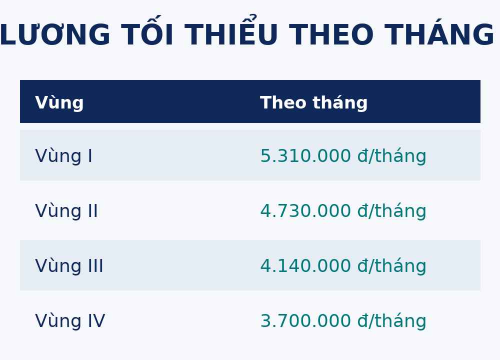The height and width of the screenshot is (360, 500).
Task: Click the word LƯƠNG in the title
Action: point(54,35)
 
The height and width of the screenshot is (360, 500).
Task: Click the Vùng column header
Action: point(59,102)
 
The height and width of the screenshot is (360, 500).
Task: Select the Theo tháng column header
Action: point(314,102)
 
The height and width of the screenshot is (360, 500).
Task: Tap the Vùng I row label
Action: point(63,156)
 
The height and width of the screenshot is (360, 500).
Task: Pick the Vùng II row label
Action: point(66,211)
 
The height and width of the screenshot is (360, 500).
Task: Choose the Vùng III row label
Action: point(69,266)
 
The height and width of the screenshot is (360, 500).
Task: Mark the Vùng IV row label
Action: point(70,321)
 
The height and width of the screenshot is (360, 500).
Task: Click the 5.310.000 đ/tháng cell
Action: point(343,156)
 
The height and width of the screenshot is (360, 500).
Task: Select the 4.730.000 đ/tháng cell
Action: point(343,211)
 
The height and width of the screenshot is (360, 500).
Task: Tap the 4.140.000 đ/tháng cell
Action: point(343,266)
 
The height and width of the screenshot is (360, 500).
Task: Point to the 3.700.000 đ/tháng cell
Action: point(343,321)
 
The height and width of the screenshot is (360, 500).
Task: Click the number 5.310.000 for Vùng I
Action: point(305,156)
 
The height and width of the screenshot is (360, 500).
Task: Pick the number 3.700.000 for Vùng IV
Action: point(305,321)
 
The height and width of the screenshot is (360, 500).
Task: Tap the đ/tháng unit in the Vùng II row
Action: point(391,211)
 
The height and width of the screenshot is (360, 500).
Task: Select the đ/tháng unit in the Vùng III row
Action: point(391,266)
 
